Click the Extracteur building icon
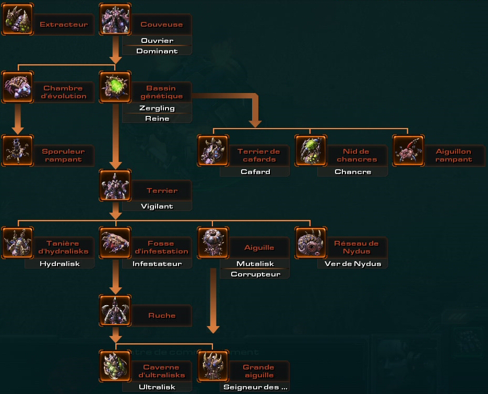pyautogui.click(x=17, y=19)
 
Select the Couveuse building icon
pyautogui.click(x=115, y=19)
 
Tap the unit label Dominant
pyautogui.click(x=157, y=51)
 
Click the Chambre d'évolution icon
pyautogui.click(x=17, y=87)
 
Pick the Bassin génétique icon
pyautogui.click(x=115, y=87)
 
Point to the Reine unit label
pyautogui.click(x=157, y=119)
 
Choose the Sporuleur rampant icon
pyautogui.click(x=17, y=150)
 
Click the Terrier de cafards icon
pyautogui.click(x=213, y=150)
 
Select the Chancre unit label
pyautogui.click(x=353, y=171)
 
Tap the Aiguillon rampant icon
pyautogui.click(x=408, y=150)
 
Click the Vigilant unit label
pyautogui.click(x=157, y=206)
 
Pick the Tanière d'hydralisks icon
pyautogui.click(x=17, y=242)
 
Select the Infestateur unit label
pyautogui.click(x=157, y=263)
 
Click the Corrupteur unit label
pyautogui.click(x=255, y=274)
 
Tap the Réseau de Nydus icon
pyautogui.click(x=311, y=242)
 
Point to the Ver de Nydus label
pyautogui.click(x=353, y=263)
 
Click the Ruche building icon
pyautogui.click(x=115, y=310)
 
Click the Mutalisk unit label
pyautogui.click(x=255, y=263)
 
